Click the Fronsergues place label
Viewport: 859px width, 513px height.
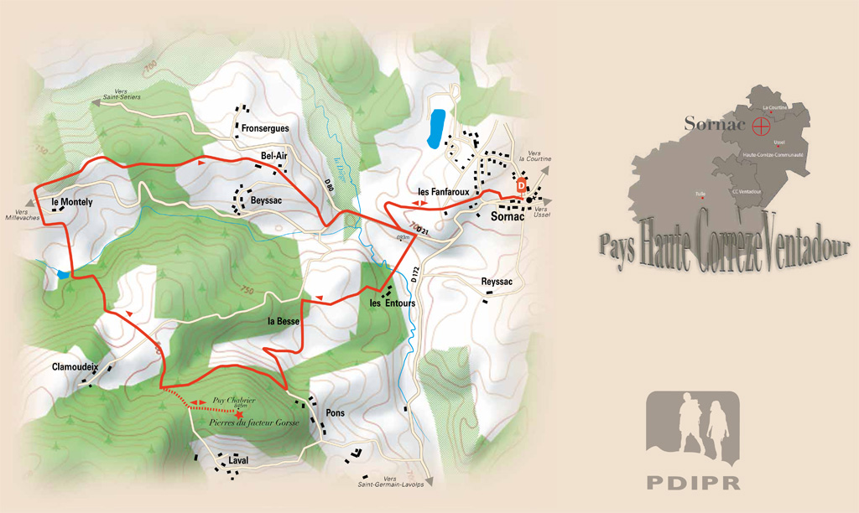pyautogui.click(x=264, y=129)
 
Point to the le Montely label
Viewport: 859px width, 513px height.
pyautogui.click(x=71, y=202)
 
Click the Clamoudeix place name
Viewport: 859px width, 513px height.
pyautogui.click(x=75, y=366)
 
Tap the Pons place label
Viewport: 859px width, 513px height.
pyautogui.click(x=335, y=413)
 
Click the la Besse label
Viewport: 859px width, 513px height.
pyautogui.click(x=284, y=321)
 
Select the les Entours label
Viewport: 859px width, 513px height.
pyautogui.click(x=393, y=303)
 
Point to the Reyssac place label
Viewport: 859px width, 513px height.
pyautogui.click(x=497, y=282)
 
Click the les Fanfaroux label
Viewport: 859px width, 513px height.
pyautogui.click(x=442, y=192)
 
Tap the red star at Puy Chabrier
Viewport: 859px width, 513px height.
pyautogui.click(x=240, y=414)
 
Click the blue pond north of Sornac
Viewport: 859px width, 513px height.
pyautogui.click(x=436, y=127)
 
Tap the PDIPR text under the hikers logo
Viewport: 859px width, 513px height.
pyautogui.click(x=693, y=482)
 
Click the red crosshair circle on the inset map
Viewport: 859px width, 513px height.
pyautogui.click(x=761, y=127)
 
